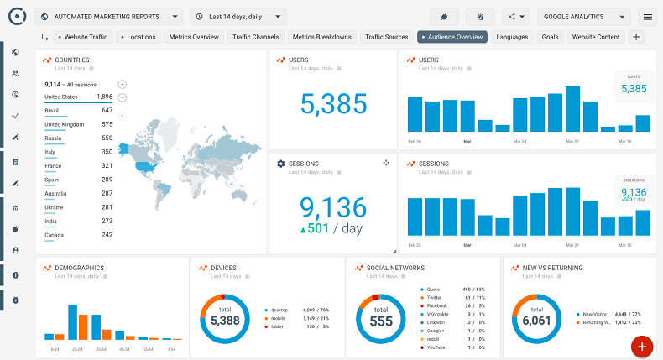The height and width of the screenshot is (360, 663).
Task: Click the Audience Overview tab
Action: coord(452,37)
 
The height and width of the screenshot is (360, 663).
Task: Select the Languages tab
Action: coord(512,37)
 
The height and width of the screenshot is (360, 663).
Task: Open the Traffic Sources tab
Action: coord(386,37)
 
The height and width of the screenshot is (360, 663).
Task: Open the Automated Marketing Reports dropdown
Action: coord(109,16)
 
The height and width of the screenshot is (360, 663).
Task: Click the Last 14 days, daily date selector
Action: coord(238,16)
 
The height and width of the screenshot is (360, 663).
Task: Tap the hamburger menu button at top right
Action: coord(647,16)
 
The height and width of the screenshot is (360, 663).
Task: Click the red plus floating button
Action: coord(642,346)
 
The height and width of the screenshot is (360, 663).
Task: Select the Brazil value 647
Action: coord(107,111)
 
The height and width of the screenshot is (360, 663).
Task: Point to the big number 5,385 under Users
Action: coord(333,103)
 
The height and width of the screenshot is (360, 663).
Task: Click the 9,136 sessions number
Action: coord(333,206)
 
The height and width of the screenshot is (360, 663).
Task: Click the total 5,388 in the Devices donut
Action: coord(225,320)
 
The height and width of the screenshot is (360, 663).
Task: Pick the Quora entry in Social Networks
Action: coord(434,290)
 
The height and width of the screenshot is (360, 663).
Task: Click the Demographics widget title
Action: coord(79,268)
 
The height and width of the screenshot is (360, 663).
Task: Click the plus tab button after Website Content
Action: coord(635,37)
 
